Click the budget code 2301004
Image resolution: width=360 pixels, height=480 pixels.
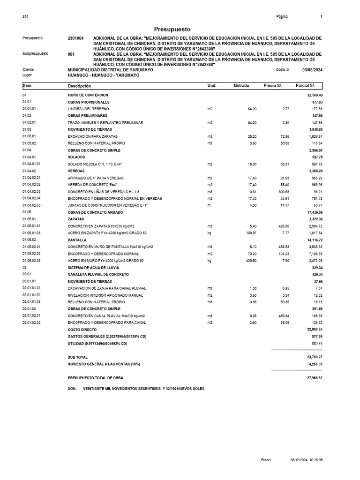76,38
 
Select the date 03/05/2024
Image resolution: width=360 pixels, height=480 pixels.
312,70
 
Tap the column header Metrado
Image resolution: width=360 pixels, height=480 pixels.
241,86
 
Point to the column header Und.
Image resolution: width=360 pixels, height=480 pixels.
211,86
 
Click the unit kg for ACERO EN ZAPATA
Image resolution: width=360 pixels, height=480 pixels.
210,233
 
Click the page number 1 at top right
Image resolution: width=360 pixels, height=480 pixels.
322,17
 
